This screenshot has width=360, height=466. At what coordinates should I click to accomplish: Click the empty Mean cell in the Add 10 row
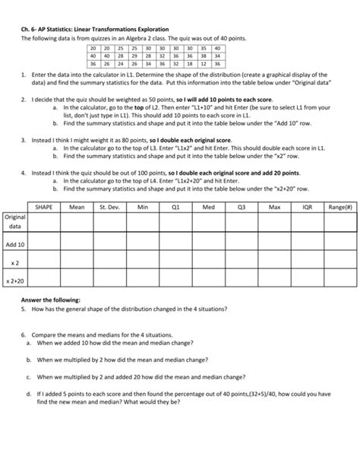(x=77, y=245)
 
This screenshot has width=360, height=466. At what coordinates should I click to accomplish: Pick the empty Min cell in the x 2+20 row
(x=143, y=281)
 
